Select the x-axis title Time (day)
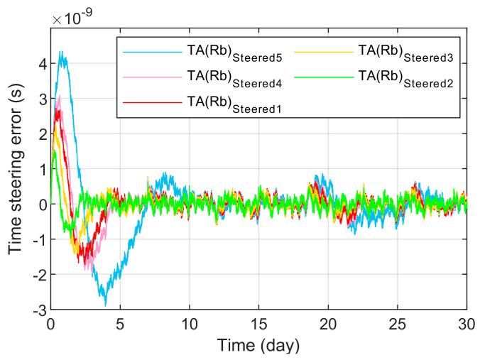coord(258,346)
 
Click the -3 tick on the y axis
coord(37,310)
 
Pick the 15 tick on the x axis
coord(258,324)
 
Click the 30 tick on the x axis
coord(467,324)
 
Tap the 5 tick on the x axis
coord(120,324)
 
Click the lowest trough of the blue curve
coord(106,305)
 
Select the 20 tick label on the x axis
coord(328,324)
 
